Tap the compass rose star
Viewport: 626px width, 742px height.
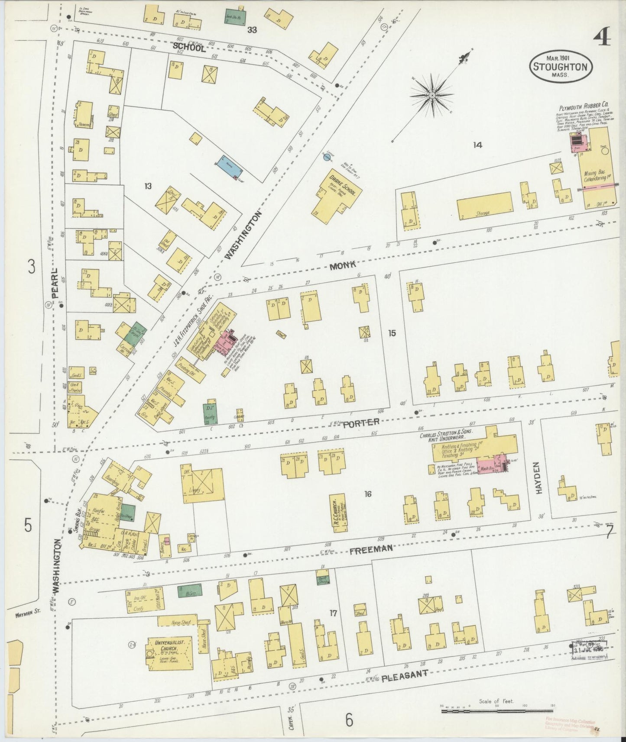432,94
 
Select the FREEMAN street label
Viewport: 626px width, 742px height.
371,548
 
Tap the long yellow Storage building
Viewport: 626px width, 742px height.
484,206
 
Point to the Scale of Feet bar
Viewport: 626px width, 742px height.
497,712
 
